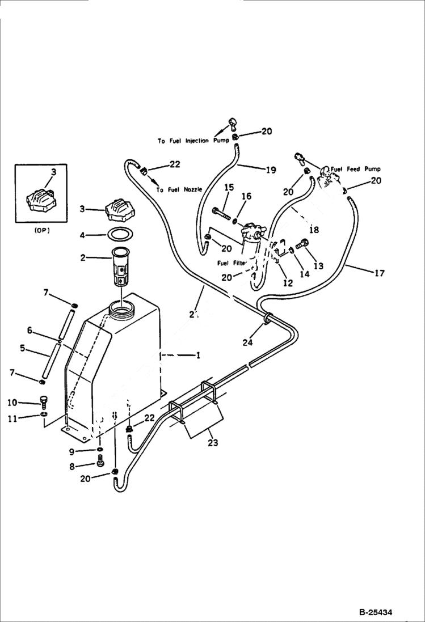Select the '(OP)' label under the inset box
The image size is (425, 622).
[x=40, y=231]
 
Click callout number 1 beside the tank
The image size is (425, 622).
[x=198, y=356]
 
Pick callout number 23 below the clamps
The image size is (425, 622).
[x=212, y=443]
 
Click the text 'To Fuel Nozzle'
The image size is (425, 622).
[x=179, y=190]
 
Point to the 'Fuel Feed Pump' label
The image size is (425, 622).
[x=356, y=169]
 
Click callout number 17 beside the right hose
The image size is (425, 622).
[x=379, y=273]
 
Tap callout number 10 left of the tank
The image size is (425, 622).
[x=12, y=403]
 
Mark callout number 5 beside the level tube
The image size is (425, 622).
[x=22, y=348]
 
